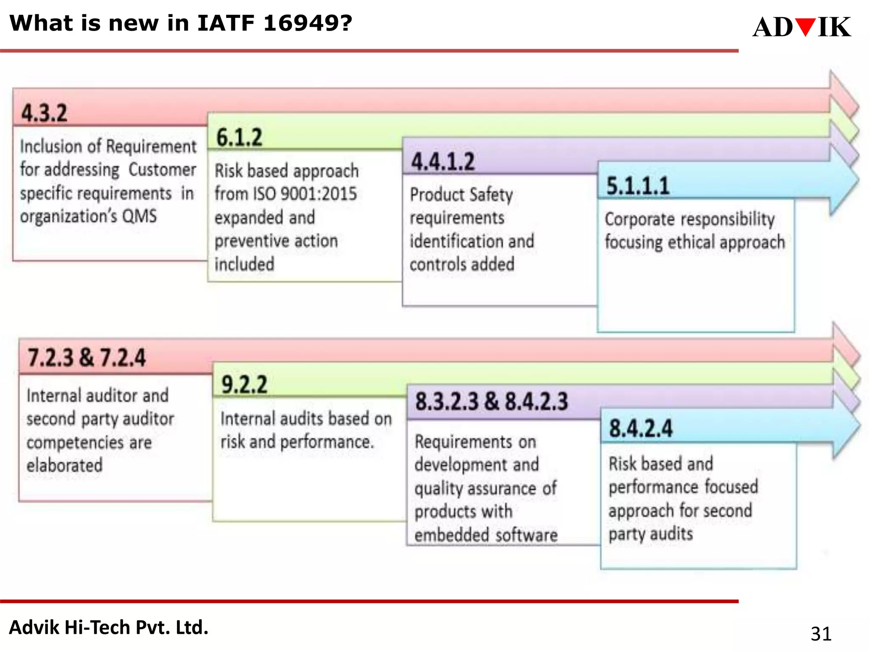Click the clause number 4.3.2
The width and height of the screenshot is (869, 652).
44,113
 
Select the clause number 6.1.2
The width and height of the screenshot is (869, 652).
239,137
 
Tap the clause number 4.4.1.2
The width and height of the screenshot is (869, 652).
443,161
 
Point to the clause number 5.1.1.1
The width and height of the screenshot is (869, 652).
638,186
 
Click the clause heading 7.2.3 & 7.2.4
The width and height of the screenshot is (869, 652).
87,357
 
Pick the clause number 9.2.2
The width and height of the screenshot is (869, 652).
244,385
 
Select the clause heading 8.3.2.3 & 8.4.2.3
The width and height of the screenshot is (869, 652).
491,401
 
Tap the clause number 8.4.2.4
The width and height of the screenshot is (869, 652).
641,428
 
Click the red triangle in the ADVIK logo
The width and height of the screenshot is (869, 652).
805,27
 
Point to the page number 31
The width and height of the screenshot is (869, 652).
821,634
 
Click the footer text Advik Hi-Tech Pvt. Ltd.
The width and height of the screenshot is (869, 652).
109,627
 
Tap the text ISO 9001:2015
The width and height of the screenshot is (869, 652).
305,194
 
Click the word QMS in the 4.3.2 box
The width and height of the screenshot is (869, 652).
140,216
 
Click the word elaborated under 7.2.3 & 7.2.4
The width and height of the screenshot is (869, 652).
64,465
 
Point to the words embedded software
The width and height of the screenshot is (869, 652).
486,535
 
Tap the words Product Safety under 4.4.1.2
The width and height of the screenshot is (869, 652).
461,195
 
